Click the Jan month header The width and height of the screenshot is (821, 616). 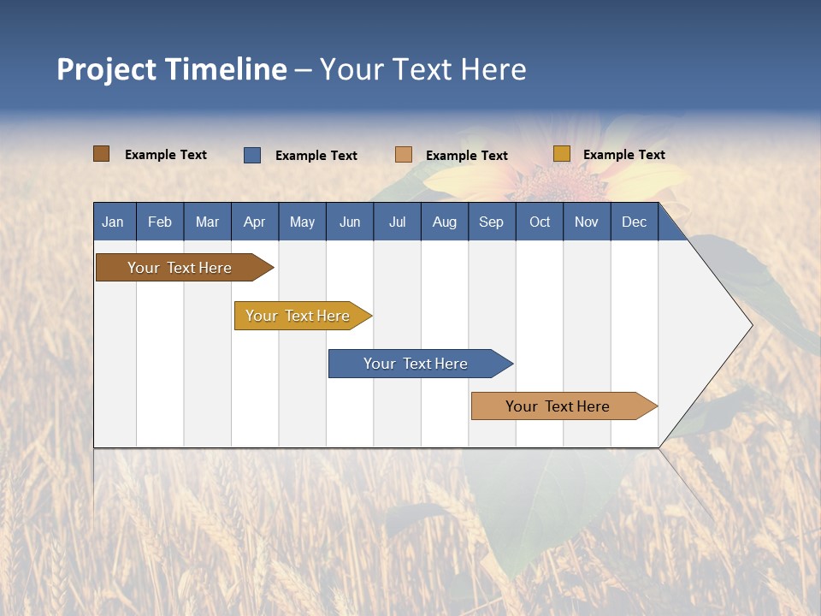pyautogui.click(x=113, y=222)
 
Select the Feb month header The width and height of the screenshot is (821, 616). pyautogui.click(x=160, y=222)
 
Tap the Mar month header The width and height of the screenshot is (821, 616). pyautogui.click(x=207, y=222)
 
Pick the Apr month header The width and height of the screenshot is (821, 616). pyautogui.click(x=254, y=222)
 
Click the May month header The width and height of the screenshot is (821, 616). pyautogui.click(x=302, y=222)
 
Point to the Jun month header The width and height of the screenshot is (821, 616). pyautogui.click(x=350, y=222)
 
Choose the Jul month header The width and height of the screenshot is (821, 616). pyautogui.click(x=397, y=222)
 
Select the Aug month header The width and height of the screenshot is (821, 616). pyautogui.click(x=445, y=222)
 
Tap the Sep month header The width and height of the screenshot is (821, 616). pyautogui.click(x=492, y=222)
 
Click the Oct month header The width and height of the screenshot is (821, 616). pyautogui.click(x=540, y=222)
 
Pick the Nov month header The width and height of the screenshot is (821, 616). pyautogui.click(x=587, y=222)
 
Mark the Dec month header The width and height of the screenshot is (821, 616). pyautogui.click(x=635, y=222)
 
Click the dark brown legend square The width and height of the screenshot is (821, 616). pyautogui.click(x=102, y=154)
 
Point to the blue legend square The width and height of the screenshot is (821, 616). pyautogui.click(x=252, y=155)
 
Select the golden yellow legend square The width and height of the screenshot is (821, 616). pyautogui.click(x=561, y=154)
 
